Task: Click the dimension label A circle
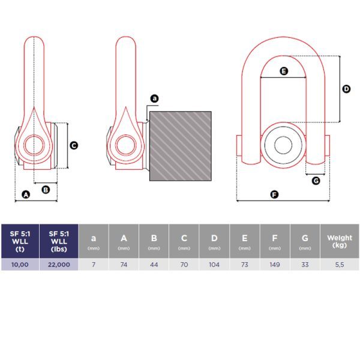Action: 26,194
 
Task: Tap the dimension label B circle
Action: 46,190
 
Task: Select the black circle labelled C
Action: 74,146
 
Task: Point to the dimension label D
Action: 346,89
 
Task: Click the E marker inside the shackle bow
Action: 284,71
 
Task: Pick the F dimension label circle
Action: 274,194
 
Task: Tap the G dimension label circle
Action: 316,181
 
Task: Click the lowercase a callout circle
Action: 155,98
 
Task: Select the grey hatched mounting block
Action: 181,146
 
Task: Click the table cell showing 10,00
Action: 20,265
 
